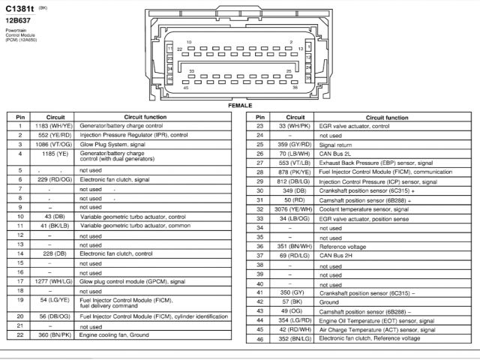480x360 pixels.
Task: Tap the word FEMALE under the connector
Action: click(x=240, y=105)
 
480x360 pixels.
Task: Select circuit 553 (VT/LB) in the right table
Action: click(x=295, y=162)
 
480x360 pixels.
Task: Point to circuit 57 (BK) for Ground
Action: click(x=295, y=301)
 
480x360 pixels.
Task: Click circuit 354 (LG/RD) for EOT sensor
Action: click(x=295, y=319)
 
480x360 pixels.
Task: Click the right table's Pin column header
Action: click(x=259, y=117)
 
